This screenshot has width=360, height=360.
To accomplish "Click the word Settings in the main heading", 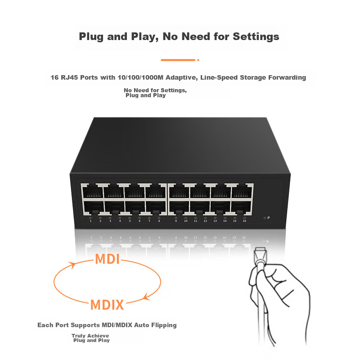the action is pos(256,37).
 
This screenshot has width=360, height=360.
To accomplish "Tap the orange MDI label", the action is pos(108,259).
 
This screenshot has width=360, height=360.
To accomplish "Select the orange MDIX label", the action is pos(107,305).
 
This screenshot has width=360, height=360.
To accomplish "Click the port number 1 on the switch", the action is pos(91,221).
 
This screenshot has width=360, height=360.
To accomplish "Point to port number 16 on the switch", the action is pos(244,221).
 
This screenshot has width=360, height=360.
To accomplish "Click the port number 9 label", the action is pos(176,221).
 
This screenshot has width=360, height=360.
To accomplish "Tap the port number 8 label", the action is pos(159,221).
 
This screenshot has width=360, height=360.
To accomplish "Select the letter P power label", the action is pos(269,218).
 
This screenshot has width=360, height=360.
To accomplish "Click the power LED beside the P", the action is pos(265,218).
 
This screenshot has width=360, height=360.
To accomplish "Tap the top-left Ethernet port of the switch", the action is pos(93,190).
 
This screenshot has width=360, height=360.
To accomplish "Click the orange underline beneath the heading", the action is pos(178,60).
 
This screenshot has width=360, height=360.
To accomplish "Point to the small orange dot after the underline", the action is pos(198,60).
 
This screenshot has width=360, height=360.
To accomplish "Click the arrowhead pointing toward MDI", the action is pos(73,265).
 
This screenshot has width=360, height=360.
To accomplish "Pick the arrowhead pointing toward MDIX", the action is pos(147,297).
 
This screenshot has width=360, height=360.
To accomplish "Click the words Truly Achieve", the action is pos(90,336).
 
